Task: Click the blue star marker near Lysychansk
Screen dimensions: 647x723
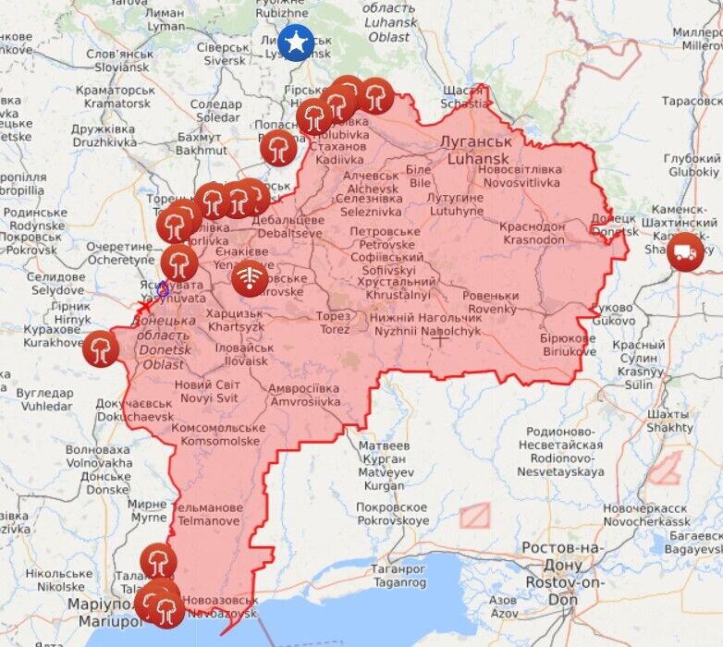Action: [296, 43]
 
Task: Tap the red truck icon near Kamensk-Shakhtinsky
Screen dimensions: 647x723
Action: [685, 250]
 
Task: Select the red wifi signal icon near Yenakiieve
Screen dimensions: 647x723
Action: [250, 278]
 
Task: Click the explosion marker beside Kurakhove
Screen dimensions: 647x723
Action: [100, 348]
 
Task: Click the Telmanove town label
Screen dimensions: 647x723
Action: [209, 514]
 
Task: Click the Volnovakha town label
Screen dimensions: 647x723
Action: [98, 456]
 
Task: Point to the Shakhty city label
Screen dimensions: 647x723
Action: [670, 421]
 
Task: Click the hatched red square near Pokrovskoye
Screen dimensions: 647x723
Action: [474, 515]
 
